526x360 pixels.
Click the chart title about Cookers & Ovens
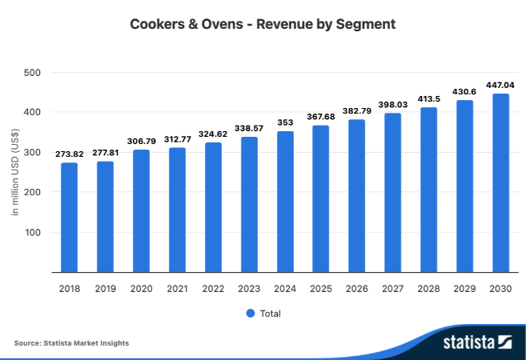point(263,24)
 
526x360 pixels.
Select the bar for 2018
point(70,218)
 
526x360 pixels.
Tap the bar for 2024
point(285,202)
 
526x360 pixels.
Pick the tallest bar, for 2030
point(500,183)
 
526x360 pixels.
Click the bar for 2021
point(177,210)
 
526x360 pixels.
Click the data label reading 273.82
point(70,154)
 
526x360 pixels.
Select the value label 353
point(285,122)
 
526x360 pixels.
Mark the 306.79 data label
point(142,140)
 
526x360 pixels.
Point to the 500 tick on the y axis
point(32,73)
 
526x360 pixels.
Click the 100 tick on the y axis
point(32,233)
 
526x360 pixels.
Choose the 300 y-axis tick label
point(32,153)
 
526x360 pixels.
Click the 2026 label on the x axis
point(357,288)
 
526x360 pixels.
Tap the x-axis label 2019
point(106,288)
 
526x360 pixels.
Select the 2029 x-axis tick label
point(464,288)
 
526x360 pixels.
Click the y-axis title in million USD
point(15,173)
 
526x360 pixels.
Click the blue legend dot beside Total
point(250,313)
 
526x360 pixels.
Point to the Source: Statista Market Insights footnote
point(71,343)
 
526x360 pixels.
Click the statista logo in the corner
point(478,342)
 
